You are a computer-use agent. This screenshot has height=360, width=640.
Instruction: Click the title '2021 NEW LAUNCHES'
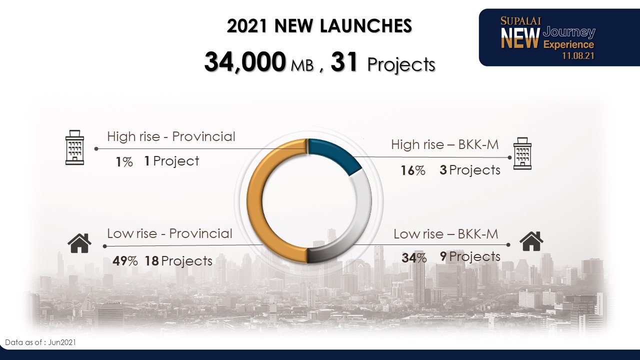click(319, 25)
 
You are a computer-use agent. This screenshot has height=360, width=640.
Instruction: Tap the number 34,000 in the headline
click(245, 61)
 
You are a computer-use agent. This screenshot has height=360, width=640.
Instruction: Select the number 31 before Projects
click(344, 61)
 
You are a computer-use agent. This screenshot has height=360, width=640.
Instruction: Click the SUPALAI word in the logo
click(520, 21)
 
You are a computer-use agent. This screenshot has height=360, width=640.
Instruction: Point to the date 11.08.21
click(578, 55)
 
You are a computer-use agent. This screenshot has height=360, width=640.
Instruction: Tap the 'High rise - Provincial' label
click(171, 136)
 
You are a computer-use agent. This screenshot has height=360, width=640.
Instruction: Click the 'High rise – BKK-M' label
click(445, 144)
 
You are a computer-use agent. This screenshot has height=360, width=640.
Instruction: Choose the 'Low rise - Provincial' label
click(169, 233)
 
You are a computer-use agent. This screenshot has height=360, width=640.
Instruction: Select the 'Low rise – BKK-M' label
click(445, 234)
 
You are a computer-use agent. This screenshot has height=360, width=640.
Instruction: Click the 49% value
click(125, 261)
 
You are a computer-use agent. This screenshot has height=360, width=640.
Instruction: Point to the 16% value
click(413, 170)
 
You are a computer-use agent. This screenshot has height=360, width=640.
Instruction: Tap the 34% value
click(414, 258)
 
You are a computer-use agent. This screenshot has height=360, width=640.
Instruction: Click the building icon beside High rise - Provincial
click(74, 147)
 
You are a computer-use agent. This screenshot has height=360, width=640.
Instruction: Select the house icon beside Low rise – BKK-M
click(531, 241)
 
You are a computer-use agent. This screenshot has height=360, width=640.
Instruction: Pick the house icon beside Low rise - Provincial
click(79, 243)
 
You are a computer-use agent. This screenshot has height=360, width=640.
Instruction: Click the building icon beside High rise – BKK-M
click(522, 153)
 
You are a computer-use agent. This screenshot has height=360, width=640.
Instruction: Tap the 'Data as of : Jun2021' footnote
click(40, 342)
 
